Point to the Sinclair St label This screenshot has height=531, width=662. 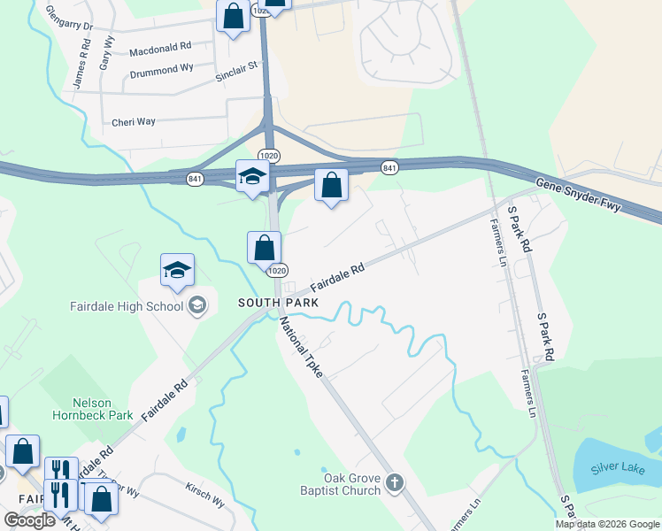pos(236,72)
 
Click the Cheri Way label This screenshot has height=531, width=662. pos(134,122)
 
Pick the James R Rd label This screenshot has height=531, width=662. pos(81,67)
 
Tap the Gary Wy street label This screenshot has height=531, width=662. pos(107,53)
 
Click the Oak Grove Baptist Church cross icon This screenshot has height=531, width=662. pos(395,483)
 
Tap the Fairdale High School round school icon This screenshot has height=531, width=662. pos(197,306)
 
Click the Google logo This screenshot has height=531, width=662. pos(30,520)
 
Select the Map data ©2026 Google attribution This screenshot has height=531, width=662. pos(607,524)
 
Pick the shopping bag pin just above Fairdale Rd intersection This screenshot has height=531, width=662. pos(264,247)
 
